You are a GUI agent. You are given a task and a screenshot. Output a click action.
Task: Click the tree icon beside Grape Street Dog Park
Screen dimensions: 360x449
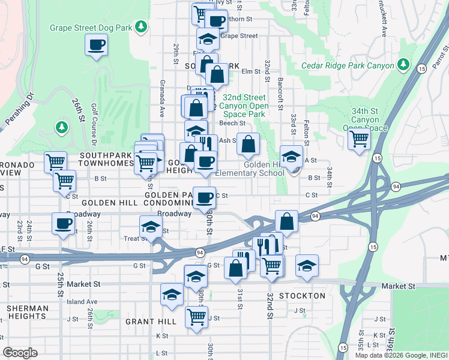click(x=140, y=26)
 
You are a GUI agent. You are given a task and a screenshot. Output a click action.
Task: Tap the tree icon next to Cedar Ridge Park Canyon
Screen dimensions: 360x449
click(x=404, y=64)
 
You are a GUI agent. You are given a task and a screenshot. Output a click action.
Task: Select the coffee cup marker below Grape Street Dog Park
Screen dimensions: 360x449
click(x=97, y=44)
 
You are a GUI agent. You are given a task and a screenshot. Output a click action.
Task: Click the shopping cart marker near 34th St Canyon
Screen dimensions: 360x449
click(x=359, y=139)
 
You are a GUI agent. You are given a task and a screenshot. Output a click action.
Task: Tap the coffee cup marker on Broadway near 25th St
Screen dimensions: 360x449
click(x=63, y=224)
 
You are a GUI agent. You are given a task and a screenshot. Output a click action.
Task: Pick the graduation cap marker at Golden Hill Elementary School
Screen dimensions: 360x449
click(x=291, y=156)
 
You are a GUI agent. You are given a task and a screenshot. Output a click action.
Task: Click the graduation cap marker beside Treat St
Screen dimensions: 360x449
click(x=150, y=227)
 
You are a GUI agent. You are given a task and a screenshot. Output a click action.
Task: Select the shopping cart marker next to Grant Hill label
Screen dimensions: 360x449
click(x=196, y=316)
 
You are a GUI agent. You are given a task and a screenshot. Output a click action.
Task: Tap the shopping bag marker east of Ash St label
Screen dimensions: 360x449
click(x=248, y=144)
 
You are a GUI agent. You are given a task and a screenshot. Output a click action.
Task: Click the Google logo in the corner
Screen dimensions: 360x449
click(x=20, y=352)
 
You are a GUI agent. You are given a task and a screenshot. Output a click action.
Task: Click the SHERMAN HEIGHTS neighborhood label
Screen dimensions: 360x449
click(x=28, y=313)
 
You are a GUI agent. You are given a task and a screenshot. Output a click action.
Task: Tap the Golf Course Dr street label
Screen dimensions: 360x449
click(x=94, y=124)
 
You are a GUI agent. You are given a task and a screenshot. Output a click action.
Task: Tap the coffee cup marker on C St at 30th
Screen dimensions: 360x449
click(x=204, y=197)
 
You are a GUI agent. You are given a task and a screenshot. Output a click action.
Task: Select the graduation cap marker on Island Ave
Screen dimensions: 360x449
click(x=172, y=295)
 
